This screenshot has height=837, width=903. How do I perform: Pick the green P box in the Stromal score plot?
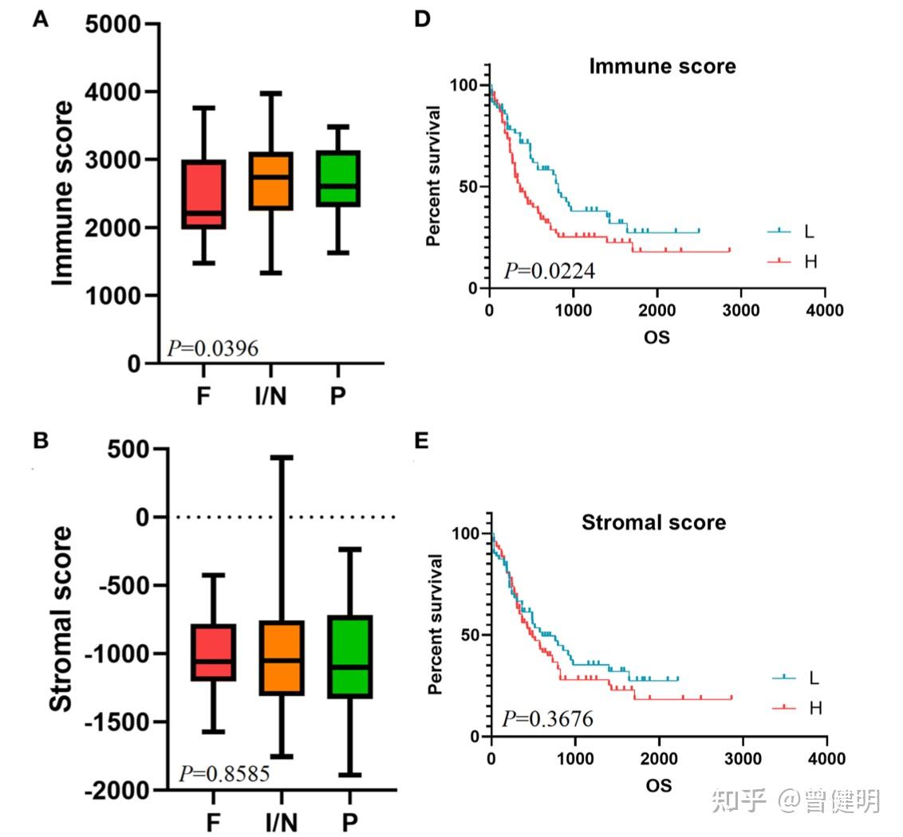(x=349, y=657)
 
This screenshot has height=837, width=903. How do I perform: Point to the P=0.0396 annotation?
(x=212, y=348)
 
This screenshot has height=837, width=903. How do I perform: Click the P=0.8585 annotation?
(x=224, y=773)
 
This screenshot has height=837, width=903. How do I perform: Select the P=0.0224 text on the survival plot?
(x=549, y=271)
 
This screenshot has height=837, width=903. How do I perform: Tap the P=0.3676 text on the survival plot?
(x=547, y=719)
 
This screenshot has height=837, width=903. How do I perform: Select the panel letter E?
(x=422, y=441)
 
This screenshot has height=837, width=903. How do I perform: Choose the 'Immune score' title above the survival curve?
(x=662, y=66)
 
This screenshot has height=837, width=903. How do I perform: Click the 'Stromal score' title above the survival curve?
(x=653, y=523)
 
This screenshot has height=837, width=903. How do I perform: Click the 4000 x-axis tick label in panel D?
(x=825, y=311)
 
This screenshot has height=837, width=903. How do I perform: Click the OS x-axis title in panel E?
(x=658, y=785)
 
